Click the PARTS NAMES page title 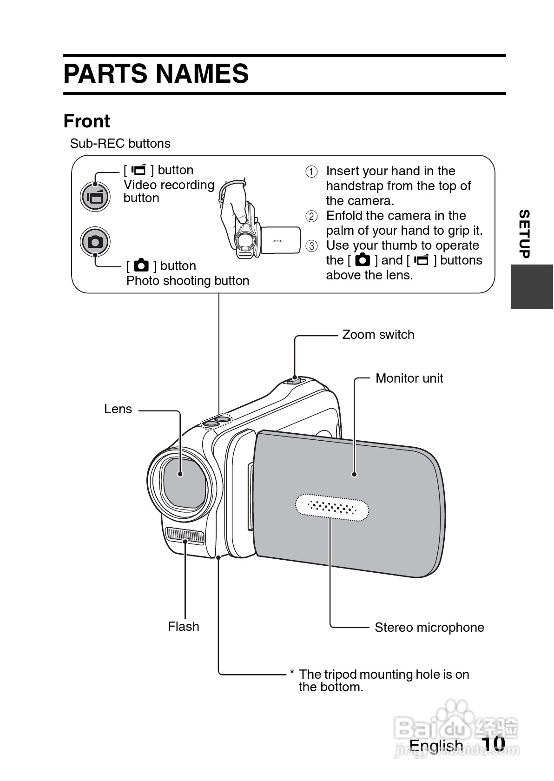point(156,74)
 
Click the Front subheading point(87,121)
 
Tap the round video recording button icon point(95,197)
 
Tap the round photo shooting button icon point(95,242)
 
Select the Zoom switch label point(378,335)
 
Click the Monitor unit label point(409,378)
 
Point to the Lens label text point(118,409)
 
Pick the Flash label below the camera point(183,627)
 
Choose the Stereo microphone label point(429,628)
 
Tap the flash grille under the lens point(185,536)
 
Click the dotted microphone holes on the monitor point(332,507)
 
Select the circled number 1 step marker point(311,172)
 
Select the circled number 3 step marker point(311,246)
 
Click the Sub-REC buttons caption point(120,144)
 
